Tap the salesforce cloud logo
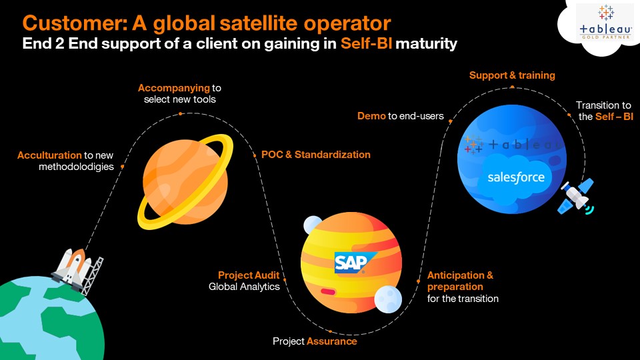coord(516,177)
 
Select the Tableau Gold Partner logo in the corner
coord(606,23)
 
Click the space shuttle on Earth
coord(76,269)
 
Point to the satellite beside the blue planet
coord(577,196)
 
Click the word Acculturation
coord(49,155)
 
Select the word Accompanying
coord(174,88)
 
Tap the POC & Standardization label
coord(316,155)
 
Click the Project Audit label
coord(249,275)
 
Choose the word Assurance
coord(332,341)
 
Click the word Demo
coord(371,116)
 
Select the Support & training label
coord(512,75)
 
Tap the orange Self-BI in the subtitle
coord(367,43)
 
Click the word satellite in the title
coord(259,23)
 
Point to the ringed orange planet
coord(185,181)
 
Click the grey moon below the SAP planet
coord(388,299)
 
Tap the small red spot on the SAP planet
coord(328,291)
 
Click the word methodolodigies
coord(76,167)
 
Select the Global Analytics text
coord(244,287)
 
